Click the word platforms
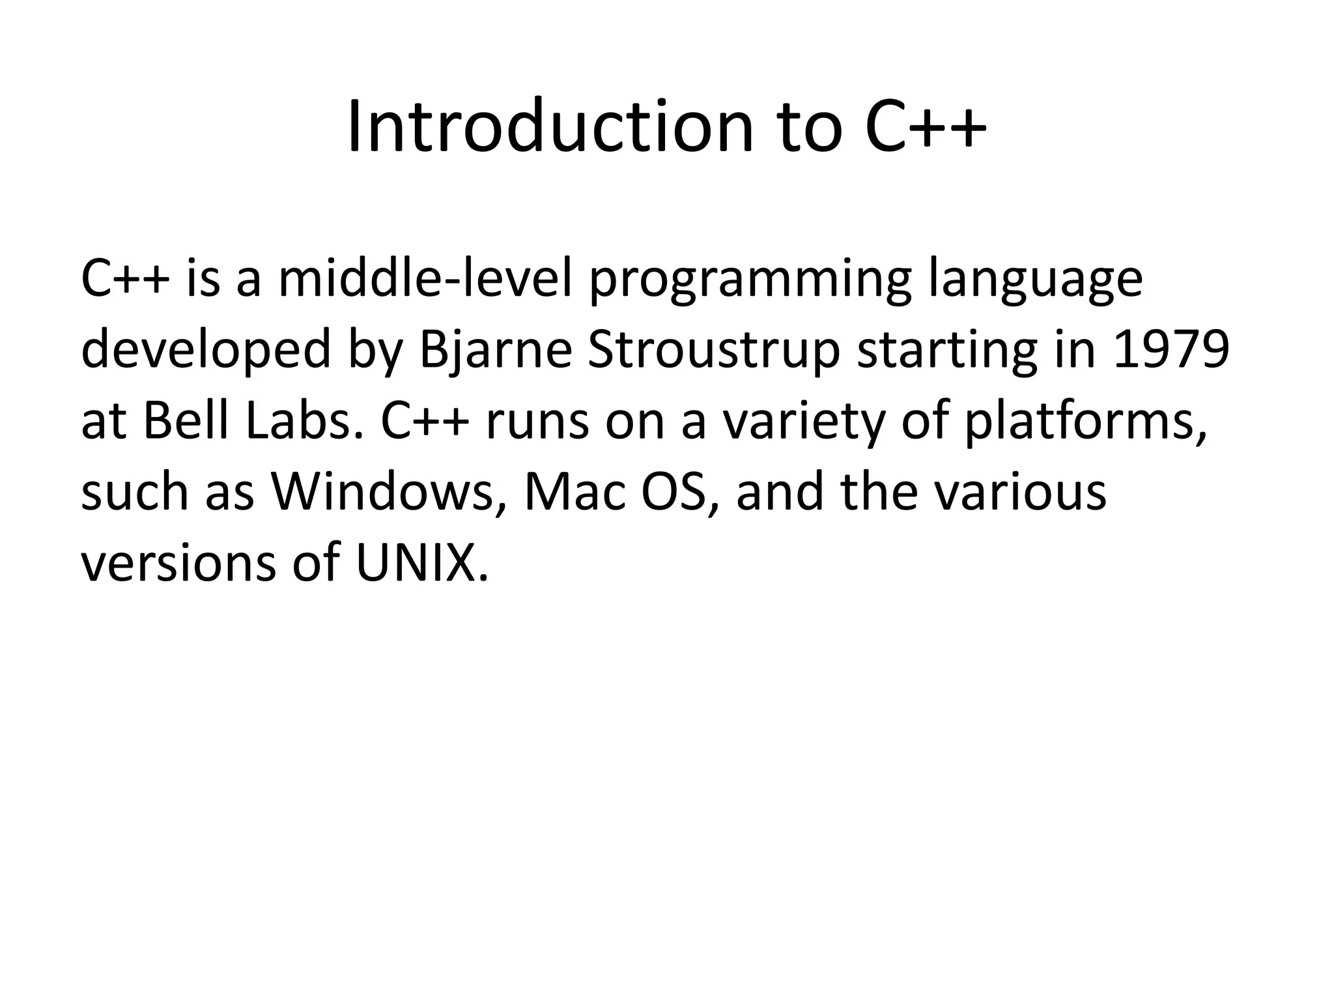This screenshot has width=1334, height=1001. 1085,422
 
